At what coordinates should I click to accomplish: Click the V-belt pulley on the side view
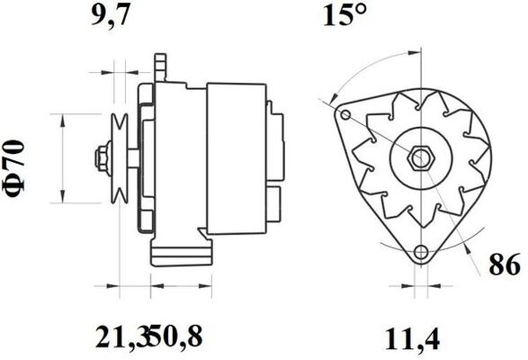click(117, 159)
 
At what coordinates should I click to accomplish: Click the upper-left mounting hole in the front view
click(345, 114)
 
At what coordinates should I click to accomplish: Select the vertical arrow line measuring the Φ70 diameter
click(62, 160)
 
